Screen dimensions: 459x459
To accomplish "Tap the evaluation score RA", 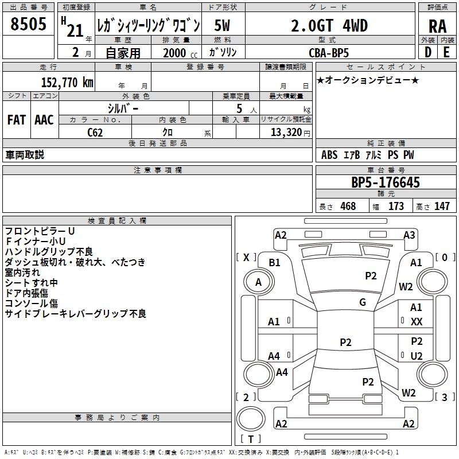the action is click(437, 26).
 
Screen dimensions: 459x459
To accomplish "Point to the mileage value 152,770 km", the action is click(67, 82).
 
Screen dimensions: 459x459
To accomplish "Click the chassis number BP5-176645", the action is click(386, 182).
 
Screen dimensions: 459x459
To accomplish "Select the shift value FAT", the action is click(16, 120).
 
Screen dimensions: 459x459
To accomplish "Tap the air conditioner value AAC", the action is click(44, 120).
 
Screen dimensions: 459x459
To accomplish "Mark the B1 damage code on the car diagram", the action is click(274, 263).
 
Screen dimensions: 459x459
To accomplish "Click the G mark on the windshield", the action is click(363, 302).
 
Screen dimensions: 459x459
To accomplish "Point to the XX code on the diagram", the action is click(417, 322).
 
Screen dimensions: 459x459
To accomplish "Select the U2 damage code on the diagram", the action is click(417, 356).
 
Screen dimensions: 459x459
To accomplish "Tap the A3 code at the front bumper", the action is click(409, 235).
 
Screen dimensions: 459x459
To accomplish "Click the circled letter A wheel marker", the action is click(258, 282).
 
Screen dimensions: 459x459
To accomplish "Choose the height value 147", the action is click(441, 206).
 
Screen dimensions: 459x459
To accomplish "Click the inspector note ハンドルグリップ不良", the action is click(49, 251).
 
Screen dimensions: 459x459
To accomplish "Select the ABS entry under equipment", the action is click(329, 155).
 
